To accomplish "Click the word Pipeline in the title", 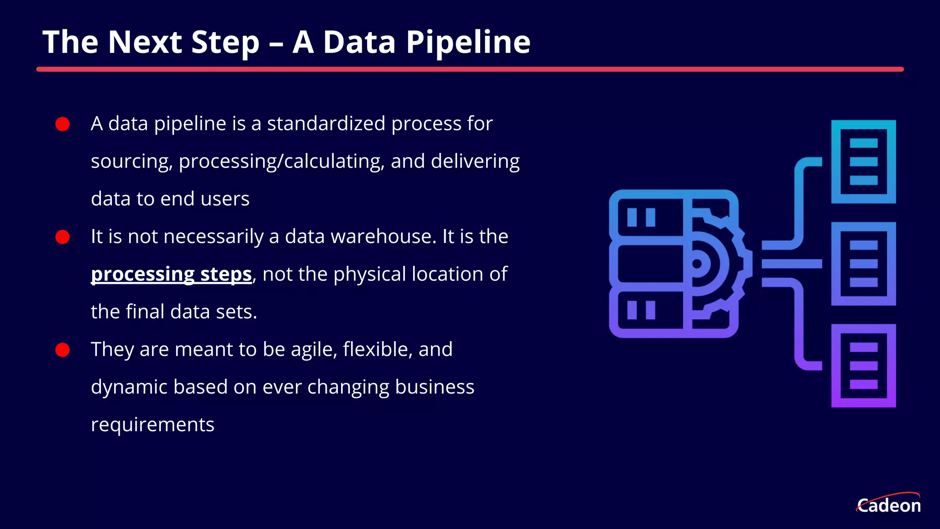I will pos(468,42).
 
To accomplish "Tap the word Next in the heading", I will pos(145,42).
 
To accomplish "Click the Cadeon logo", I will pos(889,504).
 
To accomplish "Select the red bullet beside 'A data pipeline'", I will pos(62,124).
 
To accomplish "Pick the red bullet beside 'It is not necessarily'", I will pos(62,237).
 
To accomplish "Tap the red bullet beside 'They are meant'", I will pos(62,350).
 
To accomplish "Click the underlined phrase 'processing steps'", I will pos(171,274).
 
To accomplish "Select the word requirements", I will pos(152,425).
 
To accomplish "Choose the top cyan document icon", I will pos(863,162).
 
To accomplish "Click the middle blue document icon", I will pos(863,264).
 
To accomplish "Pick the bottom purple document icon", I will pos(863,366).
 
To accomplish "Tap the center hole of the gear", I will pos(697,264).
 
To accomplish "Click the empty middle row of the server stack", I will pos(650,264).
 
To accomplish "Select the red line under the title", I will pos(470,69).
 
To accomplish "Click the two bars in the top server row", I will pos(641,217).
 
